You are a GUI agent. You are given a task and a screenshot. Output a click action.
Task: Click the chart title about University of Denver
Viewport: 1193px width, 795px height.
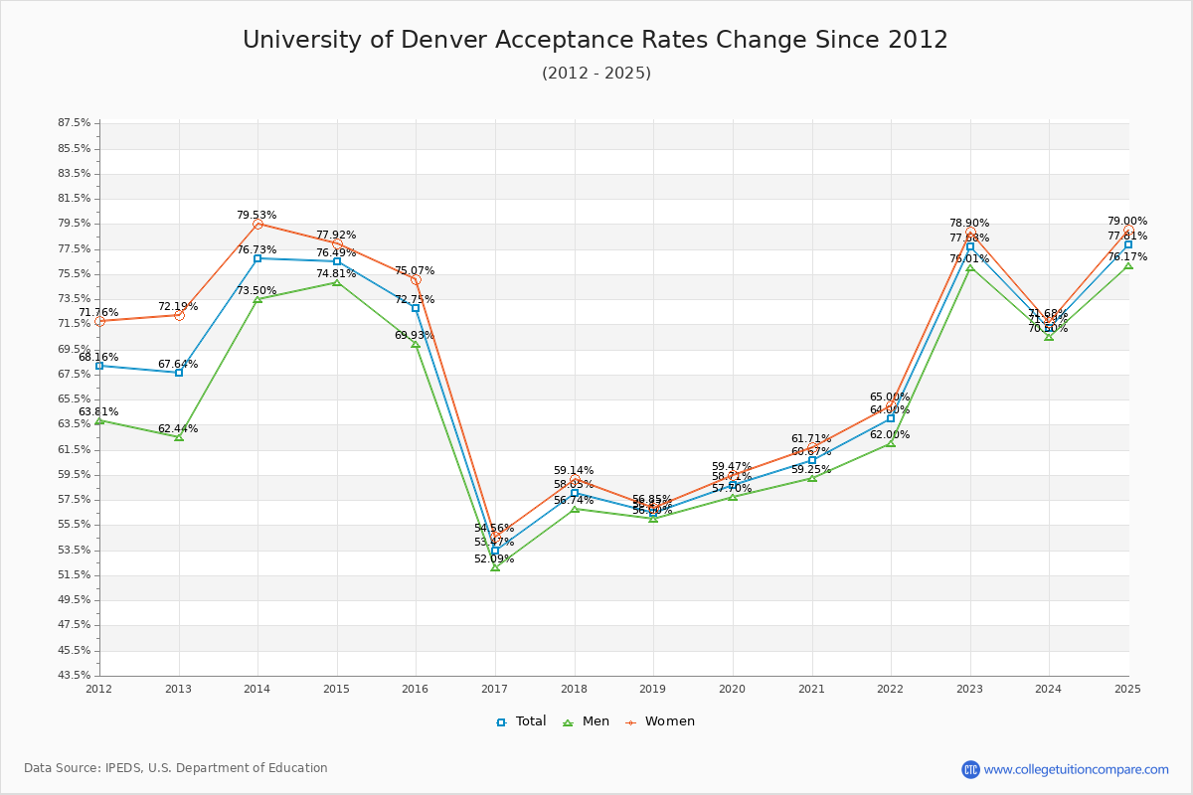[596, 40]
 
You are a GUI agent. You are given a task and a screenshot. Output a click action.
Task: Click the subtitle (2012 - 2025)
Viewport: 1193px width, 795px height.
[596, 74]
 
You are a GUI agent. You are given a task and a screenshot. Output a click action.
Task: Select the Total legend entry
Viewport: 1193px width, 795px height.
[521, 721]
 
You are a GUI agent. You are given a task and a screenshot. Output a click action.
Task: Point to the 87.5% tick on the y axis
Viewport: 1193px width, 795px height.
[75, 123]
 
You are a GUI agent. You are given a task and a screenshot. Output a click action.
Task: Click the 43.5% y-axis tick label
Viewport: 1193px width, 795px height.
[75, 676]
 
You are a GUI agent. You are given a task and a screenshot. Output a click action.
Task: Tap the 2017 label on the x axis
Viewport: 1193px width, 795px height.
[495, 689]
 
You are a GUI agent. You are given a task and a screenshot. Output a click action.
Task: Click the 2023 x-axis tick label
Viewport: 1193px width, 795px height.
[969, 689]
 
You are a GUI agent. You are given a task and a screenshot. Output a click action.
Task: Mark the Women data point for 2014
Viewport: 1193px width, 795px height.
[257, 225]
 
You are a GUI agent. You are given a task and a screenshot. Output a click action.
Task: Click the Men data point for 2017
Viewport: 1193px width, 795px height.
[495, 567]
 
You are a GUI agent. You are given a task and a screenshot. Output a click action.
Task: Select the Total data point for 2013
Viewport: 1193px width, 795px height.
[179, 373]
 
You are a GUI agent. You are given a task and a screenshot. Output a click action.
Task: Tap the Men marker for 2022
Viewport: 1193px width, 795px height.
[891, 443]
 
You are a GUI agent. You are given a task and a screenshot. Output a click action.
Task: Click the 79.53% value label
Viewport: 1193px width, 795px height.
[256, 215]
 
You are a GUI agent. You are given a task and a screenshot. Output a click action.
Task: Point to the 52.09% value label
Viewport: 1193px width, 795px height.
[494, 559]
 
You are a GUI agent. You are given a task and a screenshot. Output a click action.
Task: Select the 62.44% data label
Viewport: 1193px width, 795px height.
[178, 429]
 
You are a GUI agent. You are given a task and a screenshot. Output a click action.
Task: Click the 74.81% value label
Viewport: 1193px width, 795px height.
[336, 274]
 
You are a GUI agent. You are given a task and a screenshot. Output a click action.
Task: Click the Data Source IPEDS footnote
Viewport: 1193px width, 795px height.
[176, 768]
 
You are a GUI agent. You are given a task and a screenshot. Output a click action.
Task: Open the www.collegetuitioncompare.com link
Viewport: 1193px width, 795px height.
[1076, 769]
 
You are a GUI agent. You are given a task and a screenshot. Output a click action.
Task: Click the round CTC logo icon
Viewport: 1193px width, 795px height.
[970, 769]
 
